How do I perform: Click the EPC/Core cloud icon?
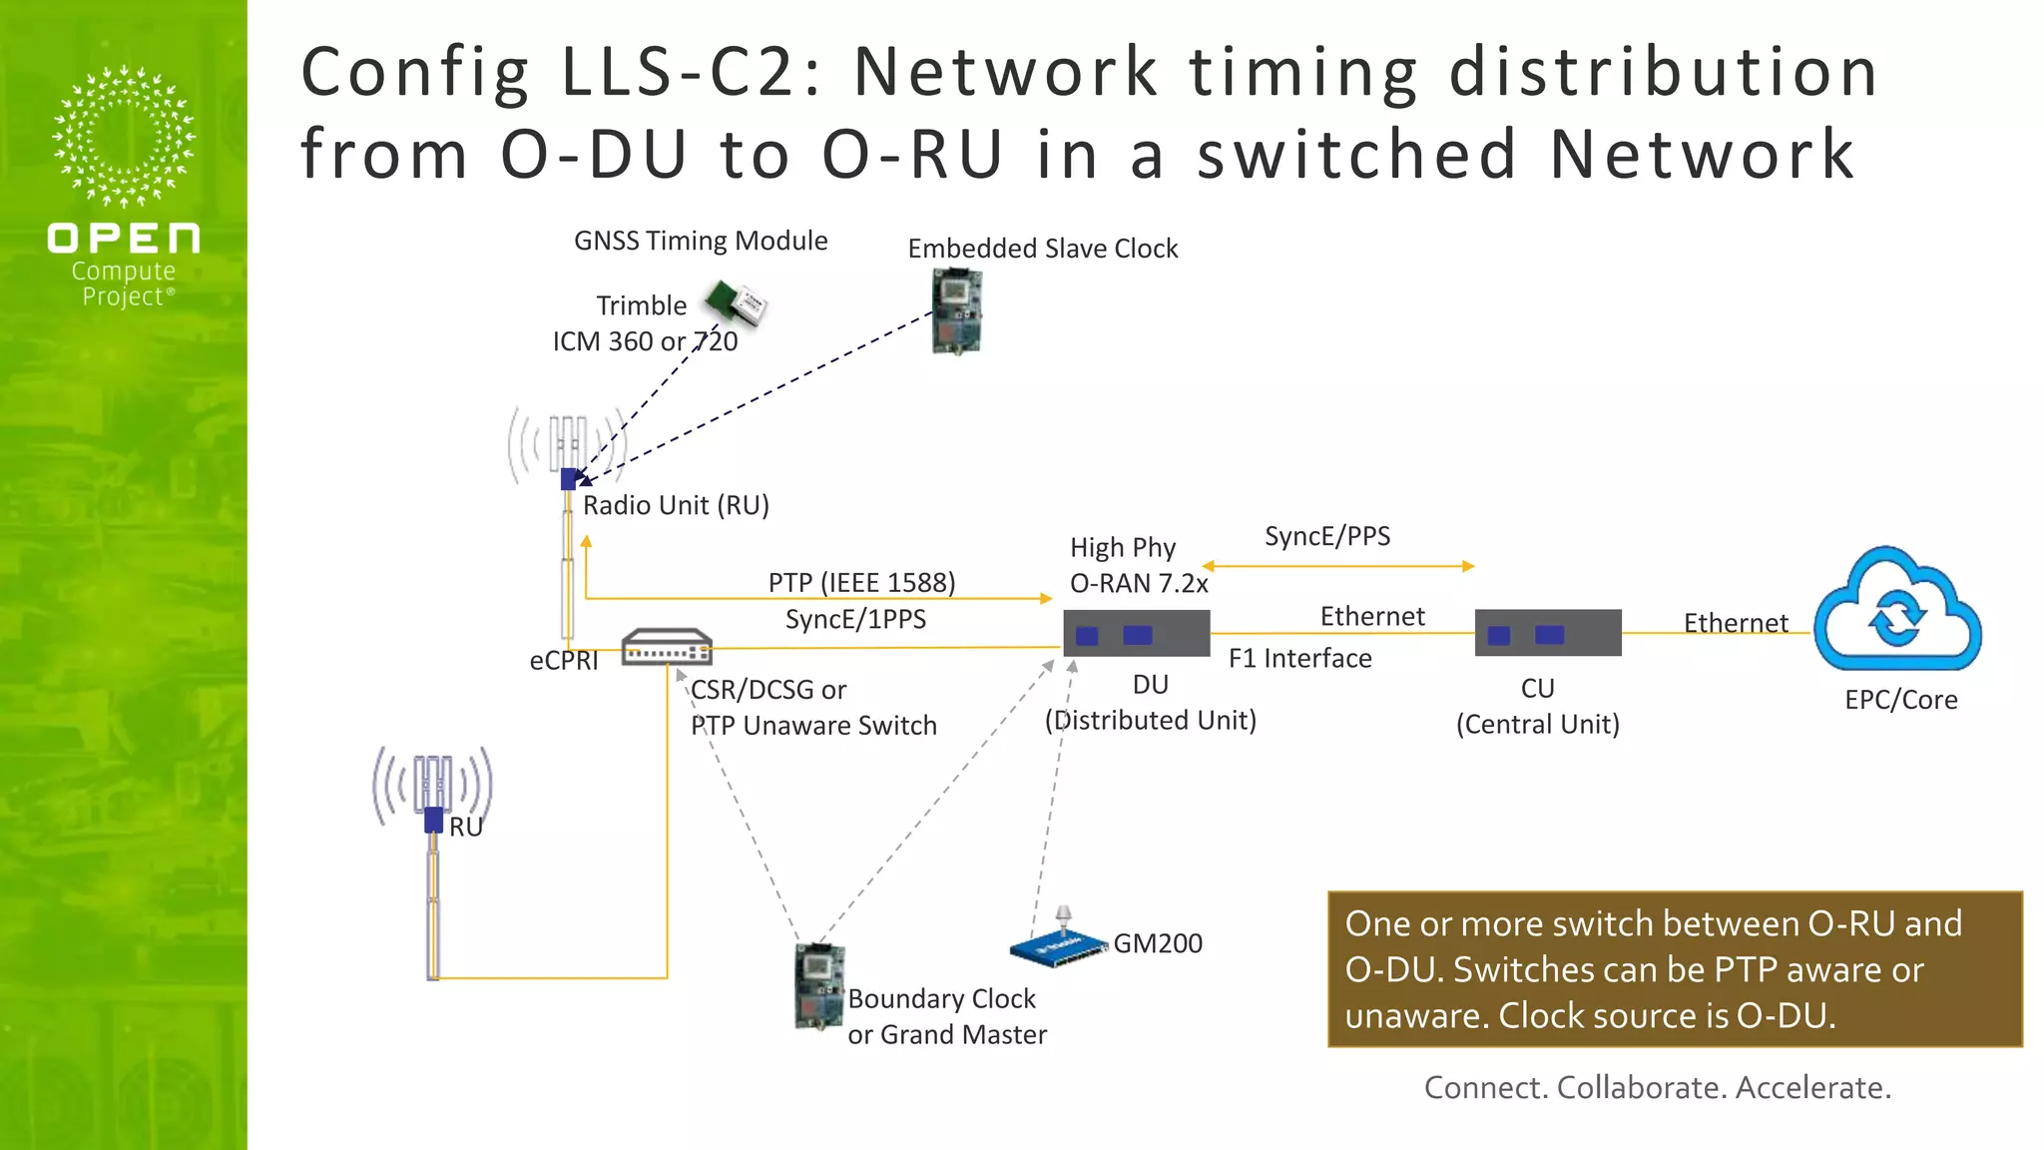1897,612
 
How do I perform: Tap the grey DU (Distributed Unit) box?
1137,634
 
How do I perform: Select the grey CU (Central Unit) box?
1548,634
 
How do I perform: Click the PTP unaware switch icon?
667,648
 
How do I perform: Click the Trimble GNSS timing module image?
737,302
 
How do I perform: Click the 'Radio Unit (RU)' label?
676,505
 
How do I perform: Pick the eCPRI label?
564,661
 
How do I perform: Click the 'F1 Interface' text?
1299,658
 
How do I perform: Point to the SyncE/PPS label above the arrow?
1327,536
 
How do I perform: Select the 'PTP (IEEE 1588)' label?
861,582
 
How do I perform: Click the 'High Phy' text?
1123,547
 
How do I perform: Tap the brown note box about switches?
1675,969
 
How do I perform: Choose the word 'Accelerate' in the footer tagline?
1812,1087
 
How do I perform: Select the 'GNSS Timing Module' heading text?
701,241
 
